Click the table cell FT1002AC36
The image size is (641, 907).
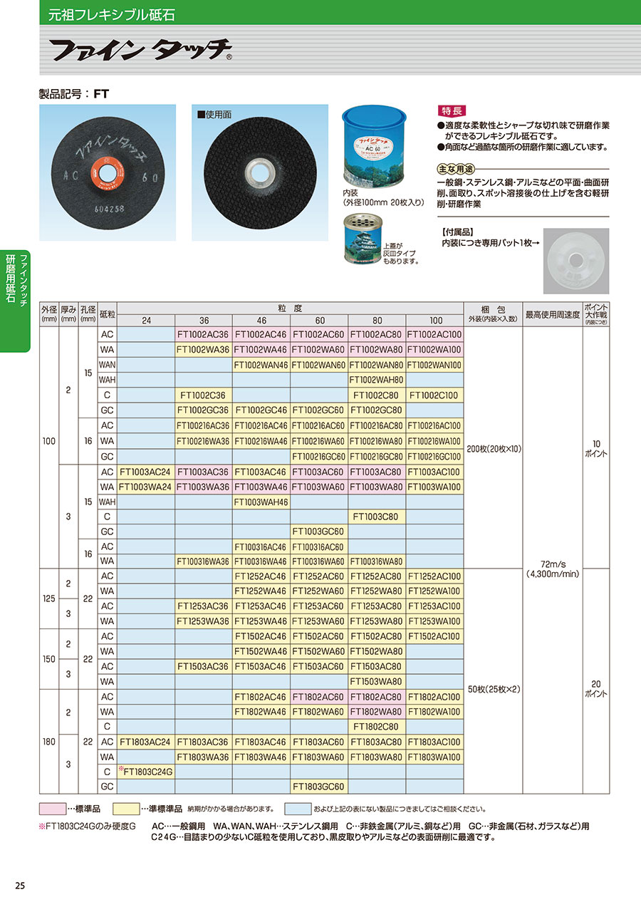point(203,334)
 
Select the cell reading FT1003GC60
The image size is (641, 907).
point(318,532)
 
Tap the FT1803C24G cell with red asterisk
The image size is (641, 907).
point(146,771)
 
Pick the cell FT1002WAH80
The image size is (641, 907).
point(377,380)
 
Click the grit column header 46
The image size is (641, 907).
point(261,321)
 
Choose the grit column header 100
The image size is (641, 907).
point(435,321)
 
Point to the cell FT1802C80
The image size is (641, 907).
point(377,727)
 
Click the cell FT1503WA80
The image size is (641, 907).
point(377,681)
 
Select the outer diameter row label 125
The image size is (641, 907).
point(48,599)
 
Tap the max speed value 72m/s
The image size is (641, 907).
point(552,563)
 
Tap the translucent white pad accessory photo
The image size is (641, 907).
point(575,261)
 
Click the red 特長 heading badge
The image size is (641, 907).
point(452,112)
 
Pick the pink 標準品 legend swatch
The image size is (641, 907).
point(53,809)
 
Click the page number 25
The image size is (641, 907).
point(20,886)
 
